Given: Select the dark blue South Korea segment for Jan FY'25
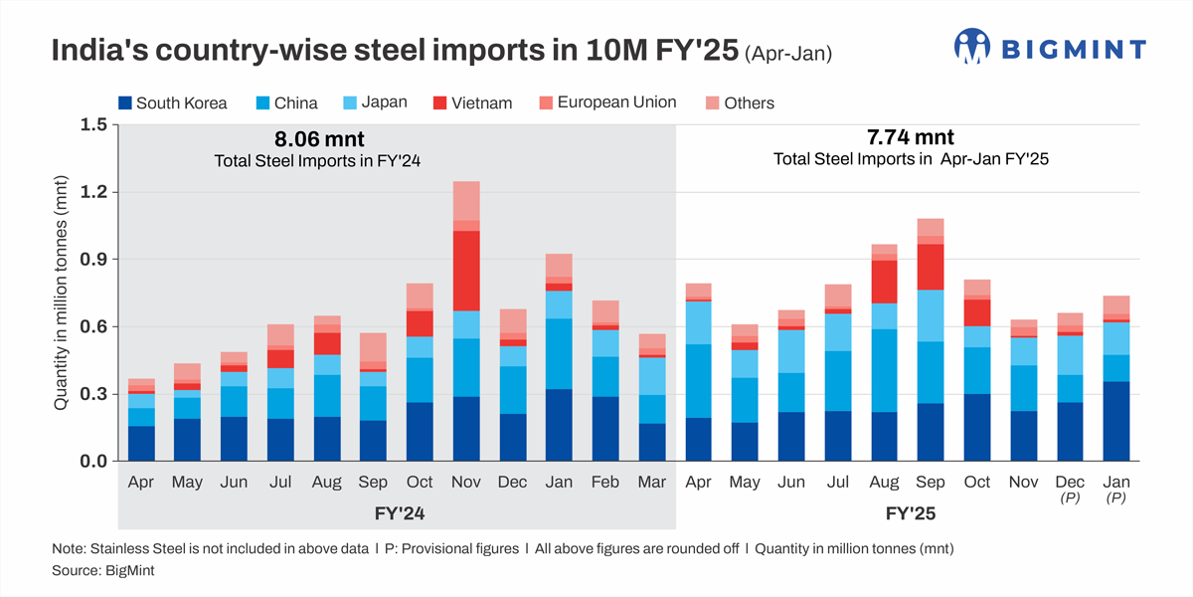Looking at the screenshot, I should [1115, 421].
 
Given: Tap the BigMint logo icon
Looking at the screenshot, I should [973, 47].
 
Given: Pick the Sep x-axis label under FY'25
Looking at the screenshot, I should [930, 482].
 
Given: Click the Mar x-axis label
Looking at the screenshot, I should [652, 482].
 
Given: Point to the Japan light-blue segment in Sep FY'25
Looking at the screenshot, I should [930, 315].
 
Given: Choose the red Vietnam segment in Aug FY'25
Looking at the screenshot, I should [883, 282].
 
